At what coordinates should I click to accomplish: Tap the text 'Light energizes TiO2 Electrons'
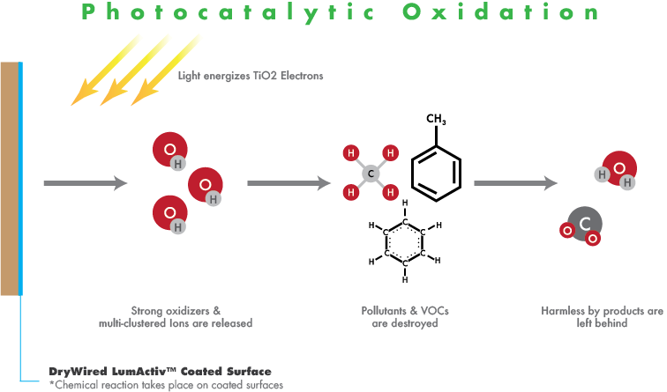click(251, 76)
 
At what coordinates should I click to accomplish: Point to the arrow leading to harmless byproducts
click(515, 183)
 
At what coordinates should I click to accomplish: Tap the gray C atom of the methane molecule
click(371, 173)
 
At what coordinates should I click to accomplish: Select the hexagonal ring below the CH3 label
click(437, 170)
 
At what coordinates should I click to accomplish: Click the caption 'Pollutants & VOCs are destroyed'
click(400, 317)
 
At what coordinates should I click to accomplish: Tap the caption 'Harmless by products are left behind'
click(602, 317)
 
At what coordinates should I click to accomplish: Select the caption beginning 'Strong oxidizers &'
click(175, 317)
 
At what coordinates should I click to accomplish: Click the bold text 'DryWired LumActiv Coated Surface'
click(160, 371)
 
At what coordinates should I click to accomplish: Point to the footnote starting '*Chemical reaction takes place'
click(167, 384)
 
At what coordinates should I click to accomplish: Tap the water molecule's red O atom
click(618, 167)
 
